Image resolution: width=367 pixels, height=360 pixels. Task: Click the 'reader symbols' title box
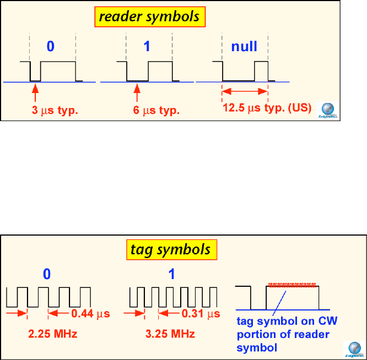pyautogui.click(x=149, y=18)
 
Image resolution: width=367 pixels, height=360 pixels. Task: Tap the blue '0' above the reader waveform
pyautogui.click(x=51, y=46)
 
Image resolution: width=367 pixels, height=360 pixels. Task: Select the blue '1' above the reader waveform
pyautogui.click(x=147, y=46)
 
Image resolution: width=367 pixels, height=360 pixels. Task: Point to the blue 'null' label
pyautogui.click(x=244, y=46)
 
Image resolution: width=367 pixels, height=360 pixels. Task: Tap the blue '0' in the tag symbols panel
pyautogui.click(x=48, y=274)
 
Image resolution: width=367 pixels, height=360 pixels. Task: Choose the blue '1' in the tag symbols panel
pyautogui.click(x=171, y=274)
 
